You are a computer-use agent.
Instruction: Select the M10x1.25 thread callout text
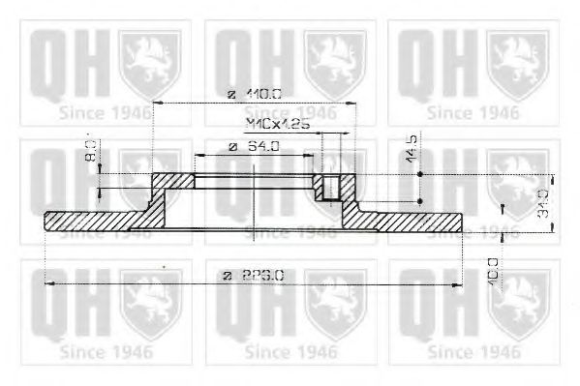(x=276, y=125)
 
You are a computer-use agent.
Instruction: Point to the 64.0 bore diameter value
(x=259, y=147)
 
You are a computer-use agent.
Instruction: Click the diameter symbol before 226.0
(x=228, y=276)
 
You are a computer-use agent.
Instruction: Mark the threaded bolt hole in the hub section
(x=333, y=187)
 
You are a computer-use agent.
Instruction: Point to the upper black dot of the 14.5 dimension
(x=419, y=174)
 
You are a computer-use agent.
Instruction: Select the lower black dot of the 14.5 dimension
(x=419, y=200)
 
